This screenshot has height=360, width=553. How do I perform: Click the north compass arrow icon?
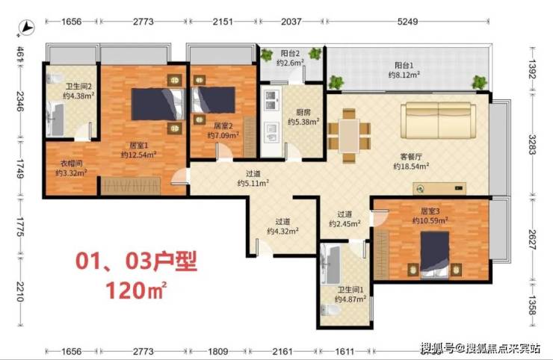[26, 28]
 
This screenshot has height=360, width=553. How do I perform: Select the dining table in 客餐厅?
[349, 136]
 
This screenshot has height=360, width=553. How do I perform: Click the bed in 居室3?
[434, 255]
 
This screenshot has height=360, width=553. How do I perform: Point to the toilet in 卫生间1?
[330, 311]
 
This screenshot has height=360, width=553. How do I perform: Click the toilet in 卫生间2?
[54, 78]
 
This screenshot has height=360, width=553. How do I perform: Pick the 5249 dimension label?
[407, 22]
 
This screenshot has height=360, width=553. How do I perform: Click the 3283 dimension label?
[532, 145]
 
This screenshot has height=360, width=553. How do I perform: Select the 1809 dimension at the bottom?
[217, 351]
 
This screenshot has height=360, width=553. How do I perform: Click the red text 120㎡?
[136, 290]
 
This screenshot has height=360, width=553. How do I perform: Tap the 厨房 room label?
[303, 113]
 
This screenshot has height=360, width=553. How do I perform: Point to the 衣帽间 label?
[72, 164]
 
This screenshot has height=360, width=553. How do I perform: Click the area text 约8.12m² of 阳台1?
[404, 75]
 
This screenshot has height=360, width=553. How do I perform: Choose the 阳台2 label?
[290, 54]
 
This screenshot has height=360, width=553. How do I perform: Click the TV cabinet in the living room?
[439, 188]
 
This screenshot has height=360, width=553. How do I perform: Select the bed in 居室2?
[214, 100]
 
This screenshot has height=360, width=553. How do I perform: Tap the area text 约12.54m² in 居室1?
[138, 155]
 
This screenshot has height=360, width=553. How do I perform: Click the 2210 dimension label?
[20, 292]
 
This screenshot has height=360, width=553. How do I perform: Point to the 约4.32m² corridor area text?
[282, 231]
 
